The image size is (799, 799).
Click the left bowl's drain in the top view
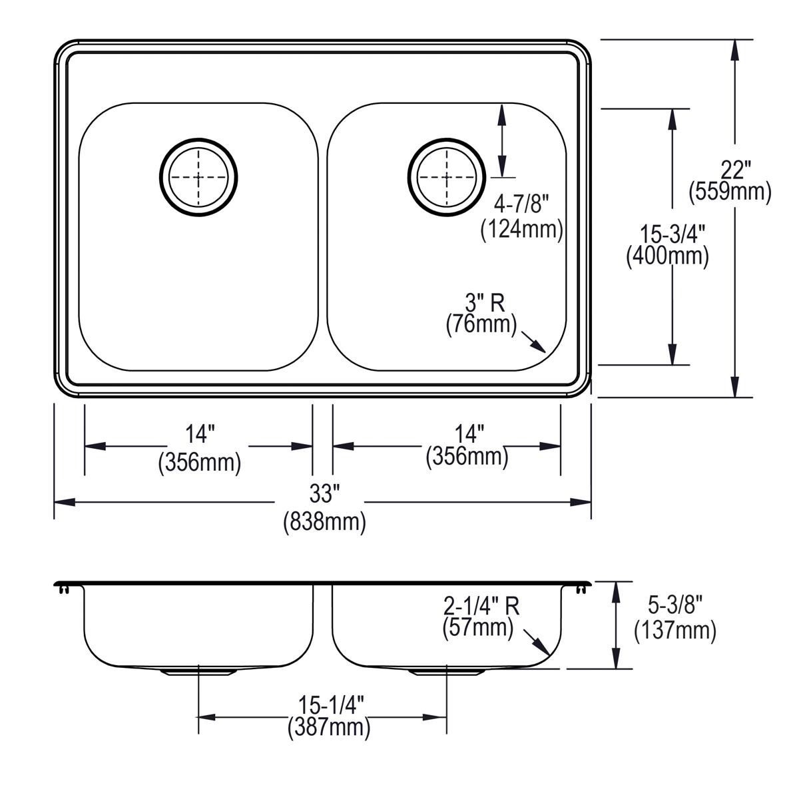tap(198, 177)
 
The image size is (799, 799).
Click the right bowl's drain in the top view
tap(445, 177)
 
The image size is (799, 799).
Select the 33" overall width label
tap(324, 493)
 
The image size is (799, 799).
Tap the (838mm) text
tap(324, 521)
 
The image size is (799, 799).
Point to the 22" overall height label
tap(730, 170)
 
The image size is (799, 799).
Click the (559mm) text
tap(730, 192)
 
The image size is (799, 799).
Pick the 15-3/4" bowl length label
tap(668, 234)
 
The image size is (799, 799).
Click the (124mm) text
tap(521, 230)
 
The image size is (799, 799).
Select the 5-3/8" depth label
tap(675, 607)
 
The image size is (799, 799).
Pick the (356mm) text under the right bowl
tap(467, 457)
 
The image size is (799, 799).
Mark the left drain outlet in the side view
tap(198, 671)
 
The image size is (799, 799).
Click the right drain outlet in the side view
tap(445, 671)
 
